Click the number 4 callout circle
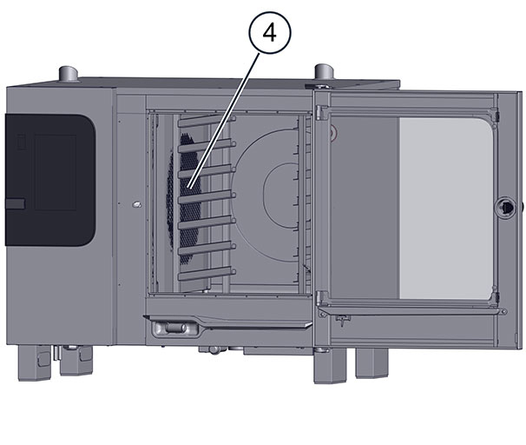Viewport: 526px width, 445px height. coord(270,32)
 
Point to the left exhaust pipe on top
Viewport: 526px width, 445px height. coord(69,74)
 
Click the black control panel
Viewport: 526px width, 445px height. coord(50,180)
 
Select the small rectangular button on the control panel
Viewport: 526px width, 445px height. coord(15,203)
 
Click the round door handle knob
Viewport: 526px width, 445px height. coord(505,208)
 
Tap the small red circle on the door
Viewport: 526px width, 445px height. coord(332,134)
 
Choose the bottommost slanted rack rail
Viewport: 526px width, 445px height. coord(207,274)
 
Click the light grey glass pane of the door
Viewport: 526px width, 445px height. coord(446,209)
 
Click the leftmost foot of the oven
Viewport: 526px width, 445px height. coord(34,363)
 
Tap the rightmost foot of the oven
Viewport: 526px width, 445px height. coord(371,363)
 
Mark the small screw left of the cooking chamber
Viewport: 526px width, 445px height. coord(137,204)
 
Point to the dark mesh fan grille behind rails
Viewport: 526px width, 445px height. coord(185,198)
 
